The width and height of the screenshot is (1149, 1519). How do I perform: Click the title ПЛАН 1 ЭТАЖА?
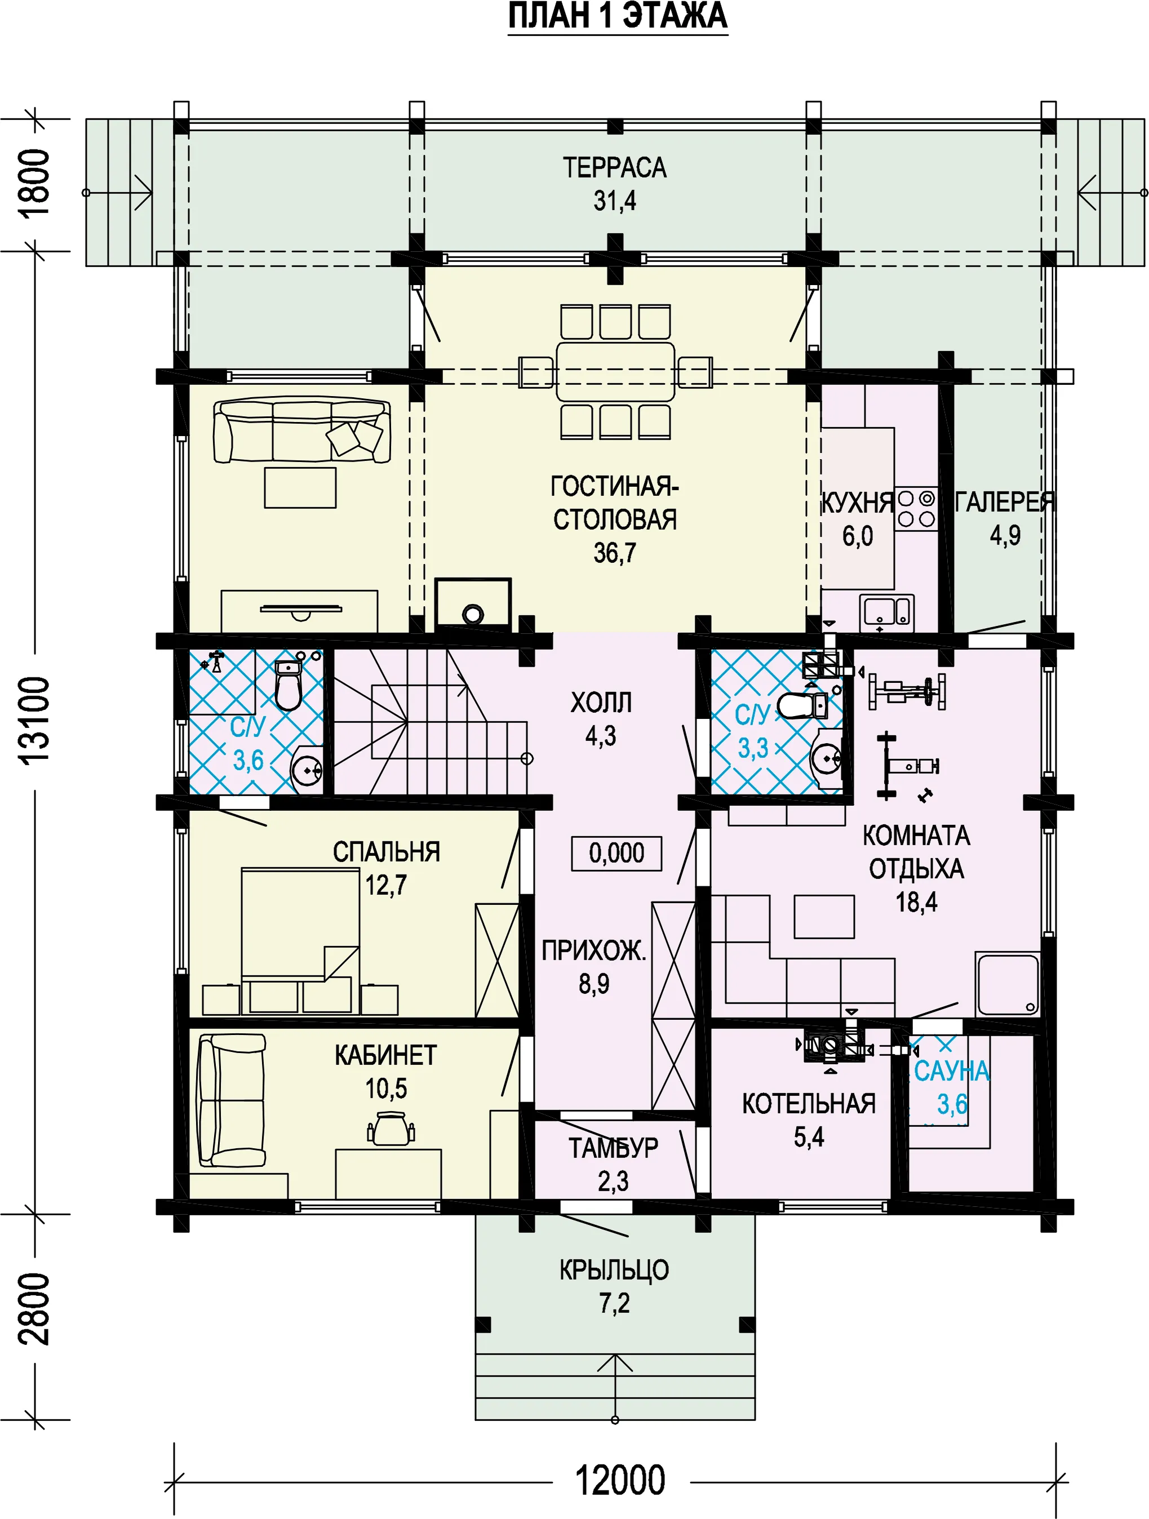point(618,16)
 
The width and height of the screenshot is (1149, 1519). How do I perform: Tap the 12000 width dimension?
point(620,1480)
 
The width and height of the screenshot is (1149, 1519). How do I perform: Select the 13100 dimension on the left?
point(35,719)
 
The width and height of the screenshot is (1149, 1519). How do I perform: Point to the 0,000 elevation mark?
point(616,853)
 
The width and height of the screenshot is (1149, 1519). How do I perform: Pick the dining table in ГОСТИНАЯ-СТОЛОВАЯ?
point(615,371)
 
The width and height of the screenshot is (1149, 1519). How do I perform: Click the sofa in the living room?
point(301,430)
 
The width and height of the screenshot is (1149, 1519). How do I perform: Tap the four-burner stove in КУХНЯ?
point(916,509)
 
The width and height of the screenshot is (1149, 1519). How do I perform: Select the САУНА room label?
point(952,1071)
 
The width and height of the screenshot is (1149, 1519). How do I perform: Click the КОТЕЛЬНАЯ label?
point(809,1104)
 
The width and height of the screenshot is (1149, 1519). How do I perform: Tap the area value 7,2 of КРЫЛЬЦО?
point(614,1303)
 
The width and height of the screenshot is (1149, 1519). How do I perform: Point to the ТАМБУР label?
point(613,1148)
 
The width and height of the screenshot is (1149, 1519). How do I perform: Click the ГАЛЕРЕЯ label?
point(1005,502)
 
